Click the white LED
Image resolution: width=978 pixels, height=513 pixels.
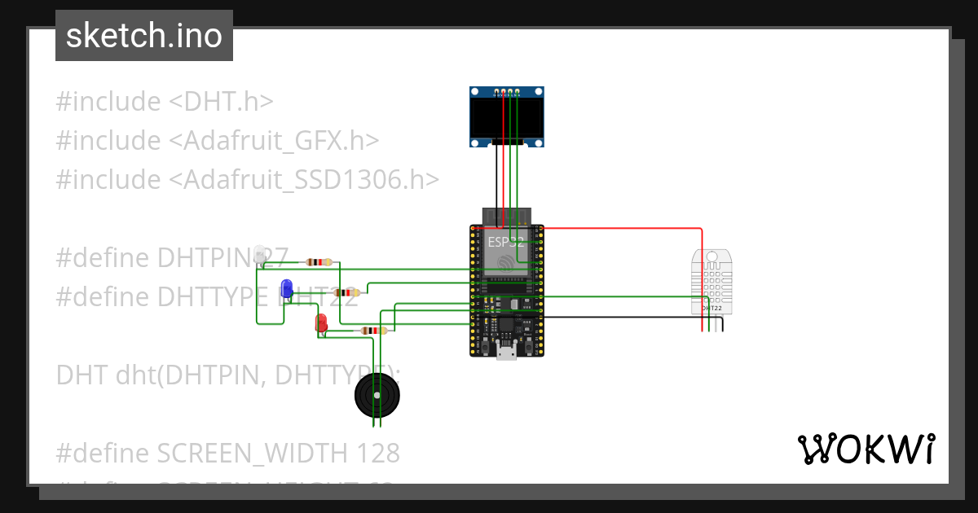(x=260, y=254)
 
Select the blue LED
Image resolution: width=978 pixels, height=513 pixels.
(x=287, y=288)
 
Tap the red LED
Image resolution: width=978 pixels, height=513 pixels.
(x=321, y=322)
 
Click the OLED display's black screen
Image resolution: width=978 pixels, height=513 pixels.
(x=507, y=118)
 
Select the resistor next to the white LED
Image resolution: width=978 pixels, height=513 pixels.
(x=319, y=262)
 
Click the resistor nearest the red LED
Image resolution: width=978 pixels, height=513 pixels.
(x=372, y=331)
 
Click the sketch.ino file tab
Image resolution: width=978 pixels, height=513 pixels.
(x=144, y=36)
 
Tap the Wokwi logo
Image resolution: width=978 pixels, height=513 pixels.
(x=866, y=449)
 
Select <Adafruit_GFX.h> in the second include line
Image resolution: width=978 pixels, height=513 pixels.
(x=274, y=141)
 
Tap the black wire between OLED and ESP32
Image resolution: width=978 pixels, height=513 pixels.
(x=495, y=175)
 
